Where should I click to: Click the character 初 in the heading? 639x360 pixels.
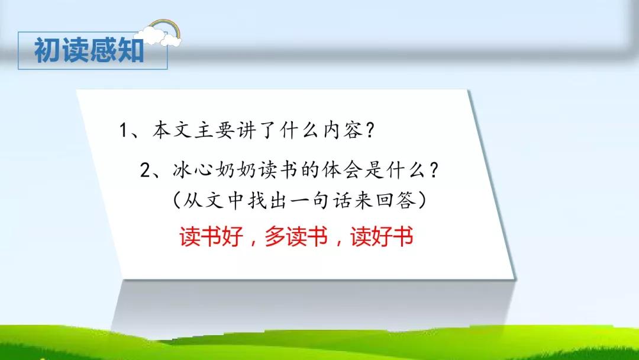point(48,50)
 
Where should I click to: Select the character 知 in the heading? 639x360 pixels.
point(131,50)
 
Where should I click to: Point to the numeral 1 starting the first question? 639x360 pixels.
point(124,130)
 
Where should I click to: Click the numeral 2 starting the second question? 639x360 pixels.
point(145,170)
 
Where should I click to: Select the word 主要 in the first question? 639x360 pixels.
point(214,130)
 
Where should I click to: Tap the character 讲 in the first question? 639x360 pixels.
point(246,130)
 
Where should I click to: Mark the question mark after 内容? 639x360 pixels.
point(369,130)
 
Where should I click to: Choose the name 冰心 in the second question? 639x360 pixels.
point(192,169)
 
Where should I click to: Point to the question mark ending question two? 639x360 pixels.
point(434,169)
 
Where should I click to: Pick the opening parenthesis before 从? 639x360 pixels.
point(176,200)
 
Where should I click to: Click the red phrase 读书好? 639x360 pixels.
point(211,236)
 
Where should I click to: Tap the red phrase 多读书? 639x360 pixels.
point(296,236)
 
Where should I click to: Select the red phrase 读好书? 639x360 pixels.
point(382,236)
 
